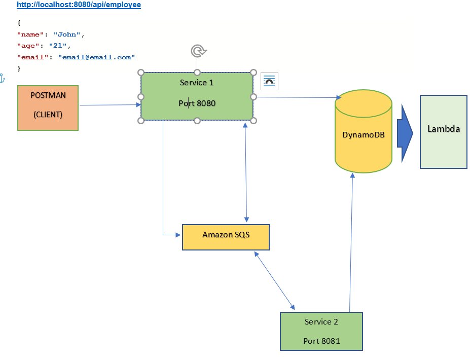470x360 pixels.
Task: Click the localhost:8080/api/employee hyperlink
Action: (79, 5)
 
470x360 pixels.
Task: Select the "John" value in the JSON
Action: (67, 34)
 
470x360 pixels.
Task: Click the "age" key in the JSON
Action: (28, 46)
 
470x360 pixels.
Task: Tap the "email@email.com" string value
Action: (96, 57)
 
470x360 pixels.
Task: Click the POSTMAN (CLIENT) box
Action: (48, 107)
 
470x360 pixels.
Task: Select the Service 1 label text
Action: (197, 82)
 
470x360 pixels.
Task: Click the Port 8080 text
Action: (197, 103)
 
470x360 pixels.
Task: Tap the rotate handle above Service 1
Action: (198, 51)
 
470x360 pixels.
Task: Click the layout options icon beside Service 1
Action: (269, 81)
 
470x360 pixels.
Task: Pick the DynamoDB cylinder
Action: (363, 135)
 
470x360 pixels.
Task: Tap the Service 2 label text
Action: (321, 322)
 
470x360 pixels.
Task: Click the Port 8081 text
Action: (321, 341)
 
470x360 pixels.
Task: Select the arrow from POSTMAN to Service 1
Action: (109, 105)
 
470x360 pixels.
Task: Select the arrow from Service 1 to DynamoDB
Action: (297, 97)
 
